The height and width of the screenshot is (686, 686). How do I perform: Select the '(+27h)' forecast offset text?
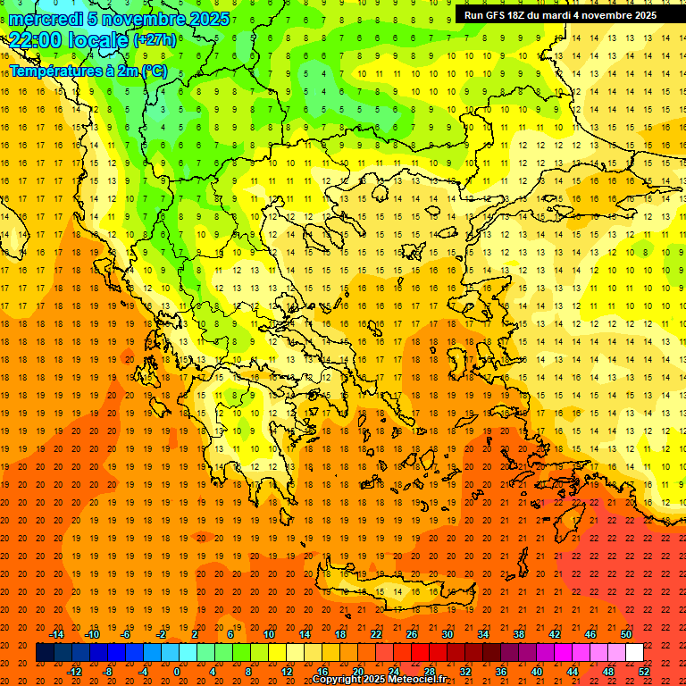(155, 40)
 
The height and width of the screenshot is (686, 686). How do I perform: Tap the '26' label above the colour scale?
(412, 634)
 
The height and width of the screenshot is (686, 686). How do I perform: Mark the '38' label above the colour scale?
(519, 634)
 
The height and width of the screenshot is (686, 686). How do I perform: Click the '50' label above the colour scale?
(626, 634)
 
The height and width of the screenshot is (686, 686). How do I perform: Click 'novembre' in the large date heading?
(141, 19)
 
